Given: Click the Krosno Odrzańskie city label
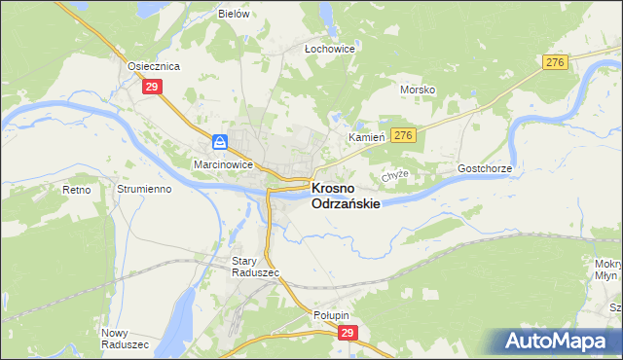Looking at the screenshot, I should point(345,197).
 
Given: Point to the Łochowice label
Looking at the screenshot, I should point(330,48).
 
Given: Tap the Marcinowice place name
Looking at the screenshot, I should point(223,164).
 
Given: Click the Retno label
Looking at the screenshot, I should point(76,190).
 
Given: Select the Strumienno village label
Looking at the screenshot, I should point(144,189).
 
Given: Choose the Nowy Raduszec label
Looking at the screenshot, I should point(125,339).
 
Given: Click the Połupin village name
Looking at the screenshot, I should point(331,315).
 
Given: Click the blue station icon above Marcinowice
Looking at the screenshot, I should point(221,142).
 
